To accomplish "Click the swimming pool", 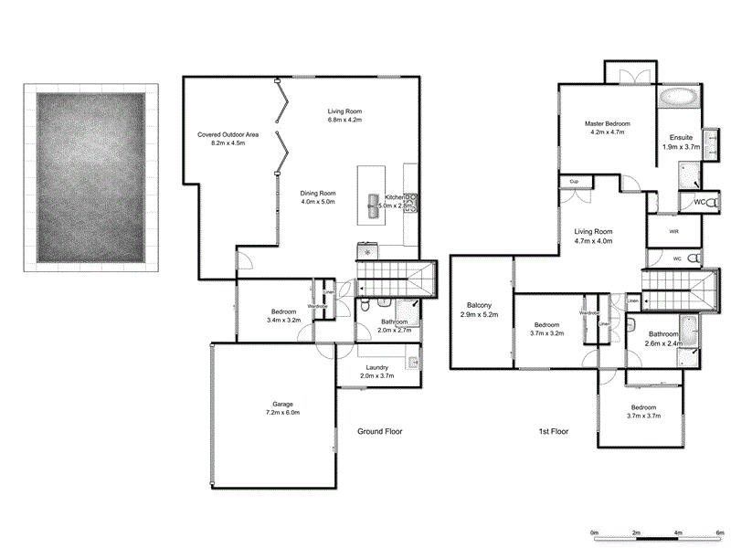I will point(90,176).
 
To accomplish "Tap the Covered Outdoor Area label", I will point(228,139).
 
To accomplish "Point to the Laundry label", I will point(376,372).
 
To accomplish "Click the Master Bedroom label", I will point(608,128).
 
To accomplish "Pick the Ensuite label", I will point(681,142).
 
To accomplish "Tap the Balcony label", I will point(479,310).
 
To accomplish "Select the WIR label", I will point(673,231).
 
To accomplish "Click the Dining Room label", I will point(319,197).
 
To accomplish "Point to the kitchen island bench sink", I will point(373,201).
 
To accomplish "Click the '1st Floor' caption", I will point(554,431).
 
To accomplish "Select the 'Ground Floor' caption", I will point(379,431).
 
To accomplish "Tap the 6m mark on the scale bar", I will point(720,532).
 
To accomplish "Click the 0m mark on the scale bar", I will point(594,532).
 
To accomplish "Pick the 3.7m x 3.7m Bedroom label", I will point(642,412).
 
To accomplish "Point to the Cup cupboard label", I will point(575,182).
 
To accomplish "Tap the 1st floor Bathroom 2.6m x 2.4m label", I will point(664,339).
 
